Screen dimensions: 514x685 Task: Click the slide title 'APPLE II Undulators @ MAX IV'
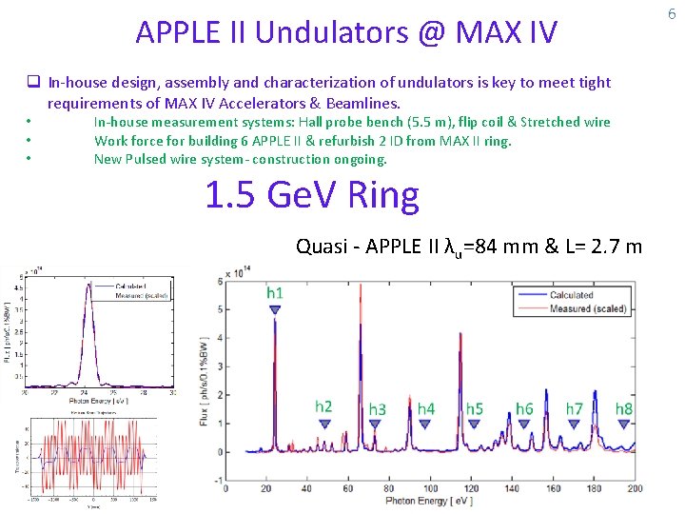[346, 32]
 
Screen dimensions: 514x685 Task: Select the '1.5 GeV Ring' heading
[311, 195]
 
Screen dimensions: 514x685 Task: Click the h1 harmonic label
[274, 293]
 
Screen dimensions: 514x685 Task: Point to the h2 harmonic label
[323, 406]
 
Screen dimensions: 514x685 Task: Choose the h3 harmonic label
[377, 409]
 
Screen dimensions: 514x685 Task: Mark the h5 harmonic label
[474, 408]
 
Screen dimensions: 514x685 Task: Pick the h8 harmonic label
[623, 408]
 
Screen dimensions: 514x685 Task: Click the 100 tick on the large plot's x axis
[430, 488]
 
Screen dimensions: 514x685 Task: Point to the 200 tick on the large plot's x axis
[635, 488]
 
